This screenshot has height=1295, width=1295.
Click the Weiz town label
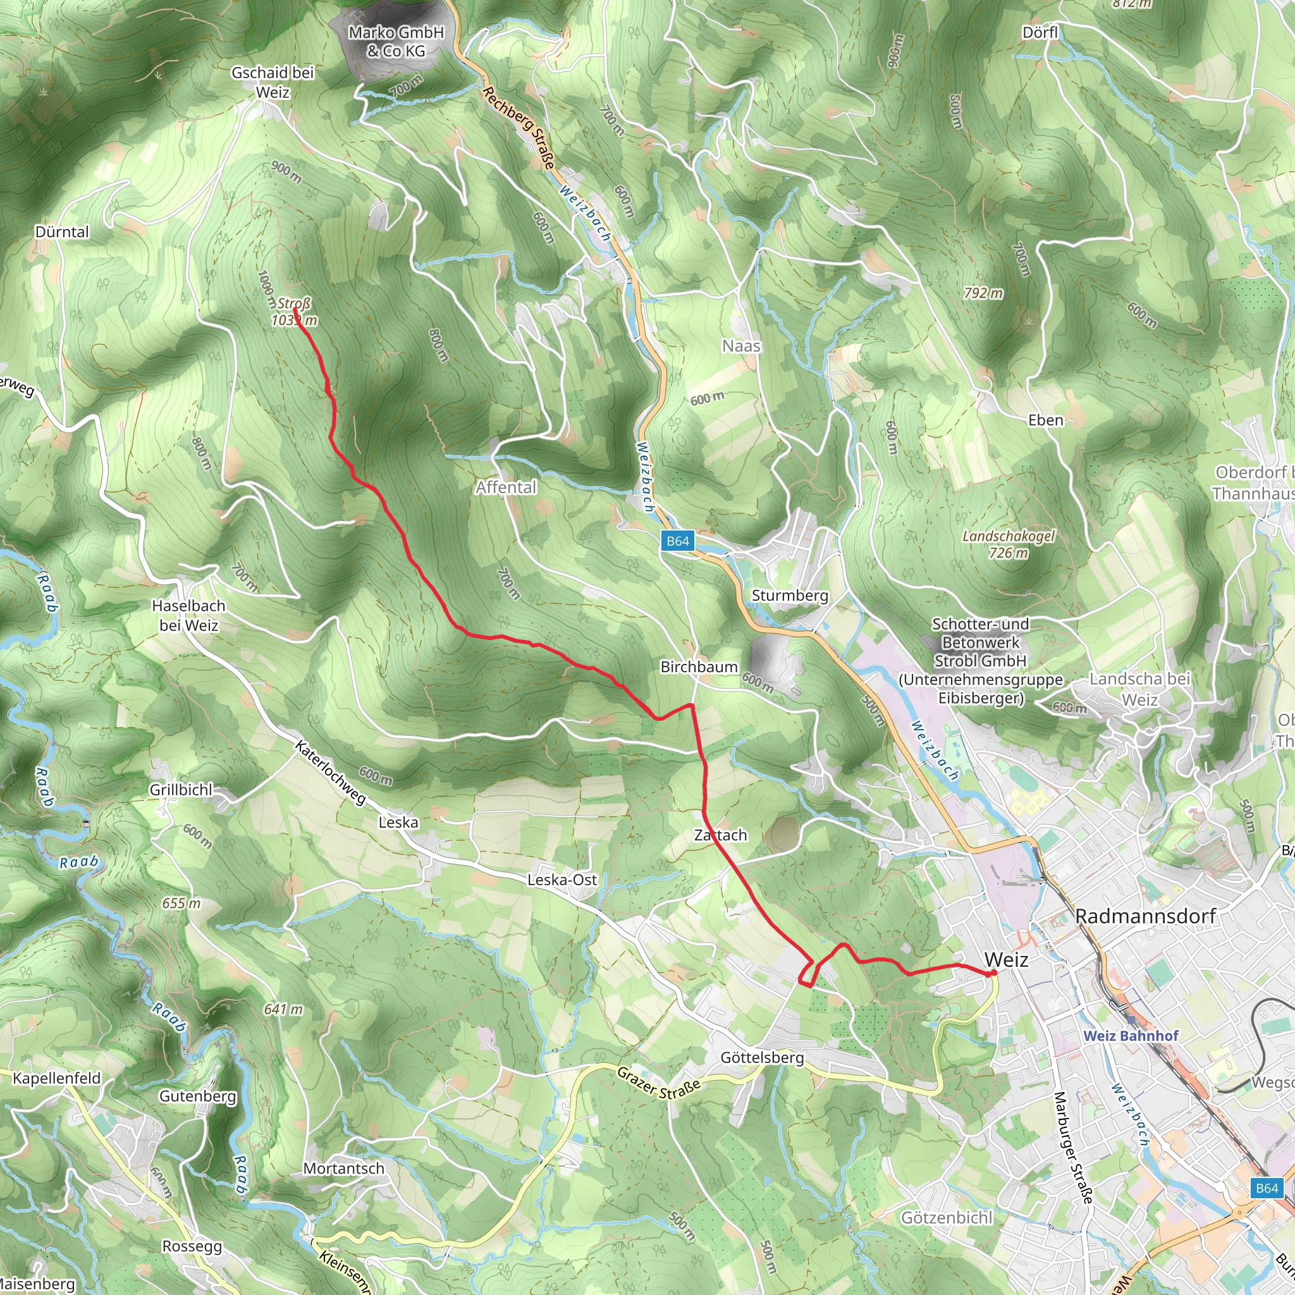(x=1006, y=960)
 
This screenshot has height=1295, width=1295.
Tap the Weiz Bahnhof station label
(x=1131, y=1036)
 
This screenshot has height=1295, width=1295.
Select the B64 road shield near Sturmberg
(x=677, y=541)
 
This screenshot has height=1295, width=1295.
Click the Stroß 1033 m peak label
(x=293, y=312)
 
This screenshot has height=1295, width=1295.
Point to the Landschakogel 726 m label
(x=1008, y=544)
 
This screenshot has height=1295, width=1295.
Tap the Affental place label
(x=506, y=488)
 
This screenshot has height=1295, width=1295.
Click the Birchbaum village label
(x=699, y=667)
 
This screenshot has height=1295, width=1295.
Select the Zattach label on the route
(x=721, y=835)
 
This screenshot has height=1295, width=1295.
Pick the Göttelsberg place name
(x=762, y=1058)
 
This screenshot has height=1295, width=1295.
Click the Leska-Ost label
(x=562, y=880)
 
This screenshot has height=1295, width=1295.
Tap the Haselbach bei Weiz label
(x=188, y=615)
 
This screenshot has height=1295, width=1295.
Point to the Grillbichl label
(x=181, y=790)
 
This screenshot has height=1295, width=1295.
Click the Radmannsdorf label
(x=1146, y=916)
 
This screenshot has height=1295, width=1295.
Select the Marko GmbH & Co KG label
(x=396, y=42)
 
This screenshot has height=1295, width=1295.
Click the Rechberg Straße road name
(x=519, y=127)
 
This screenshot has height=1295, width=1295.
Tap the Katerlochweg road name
(x=331, y=772)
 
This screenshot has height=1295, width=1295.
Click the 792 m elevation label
(x=983, y=293)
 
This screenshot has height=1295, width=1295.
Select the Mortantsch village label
(x=344, y=1169)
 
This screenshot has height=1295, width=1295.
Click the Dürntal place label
(x=62, y=232)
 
